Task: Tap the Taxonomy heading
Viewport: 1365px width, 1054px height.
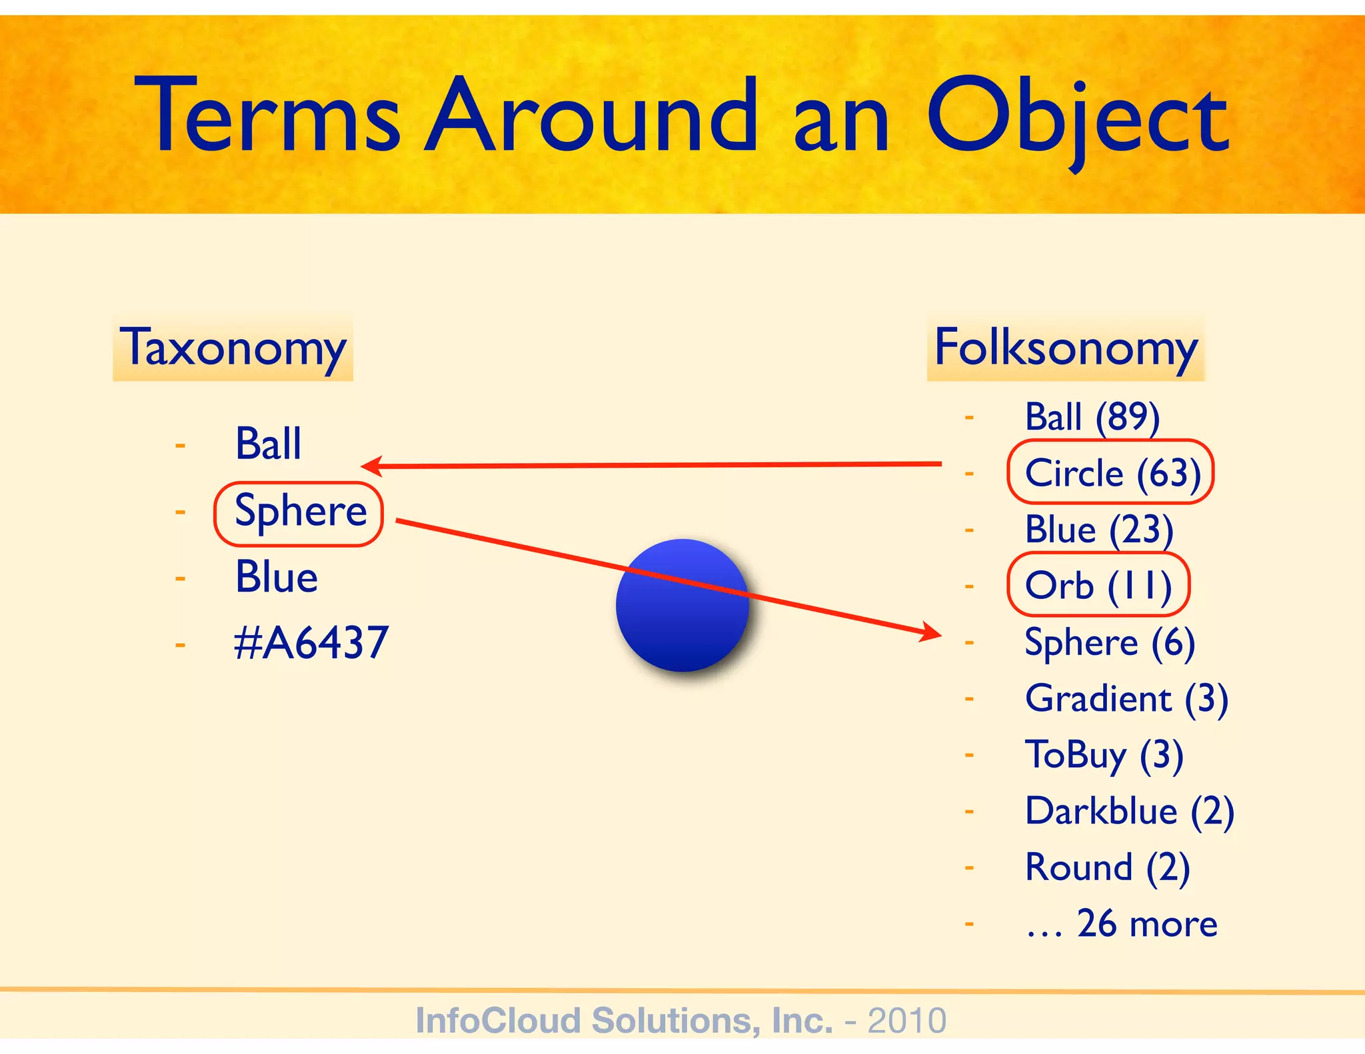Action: tap(233, 348)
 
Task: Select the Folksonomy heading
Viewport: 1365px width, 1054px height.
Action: tap(1065, 348)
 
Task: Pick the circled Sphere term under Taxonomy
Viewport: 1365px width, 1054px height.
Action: tap(299, 512)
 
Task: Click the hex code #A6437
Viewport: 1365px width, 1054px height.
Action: tap(311, 644)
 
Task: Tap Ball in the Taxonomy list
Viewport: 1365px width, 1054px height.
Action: tap(268, 444)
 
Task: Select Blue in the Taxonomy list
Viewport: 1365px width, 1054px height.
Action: tap(276, 577)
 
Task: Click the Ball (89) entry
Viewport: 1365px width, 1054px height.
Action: tap(1092, 418)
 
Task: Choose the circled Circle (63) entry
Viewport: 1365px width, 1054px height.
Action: tap(1112, 473)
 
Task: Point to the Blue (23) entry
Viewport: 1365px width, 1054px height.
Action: tap(1098, 530)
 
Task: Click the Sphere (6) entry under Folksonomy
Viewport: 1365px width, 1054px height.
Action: tap(1109, 643)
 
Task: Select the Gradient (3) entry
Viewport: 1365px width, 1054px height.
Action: tap(1126, 700)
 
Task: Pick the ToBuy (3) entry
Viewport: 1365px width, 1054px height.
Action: tap(1104, 756)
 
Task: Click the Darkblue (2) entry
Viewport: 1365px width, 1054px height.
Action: tap(1129, 812)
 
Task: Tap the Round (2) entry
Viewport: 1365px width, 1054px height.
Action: tap(1107, 868)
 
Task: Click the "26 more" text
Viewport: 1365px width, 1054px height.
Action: tap(1146, 925)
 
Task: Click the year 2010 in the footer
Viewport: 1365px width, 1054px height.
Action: tap(906, 1021)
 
